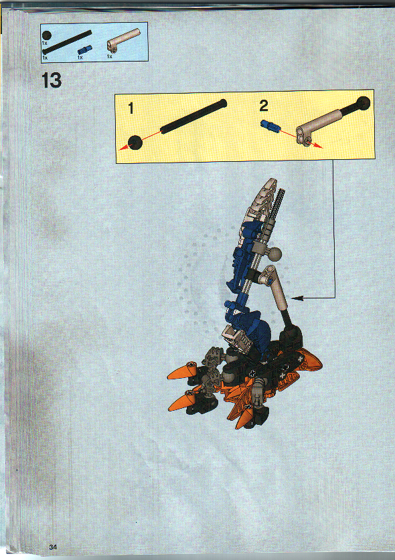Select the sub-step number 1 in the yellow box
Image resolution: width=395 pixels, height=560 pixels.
(132, 106)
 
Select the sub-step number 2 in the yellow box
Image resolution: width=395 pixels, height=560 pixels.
(263, 106)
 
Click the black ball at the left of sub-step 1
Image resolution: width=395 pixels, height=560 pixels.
(136, 142)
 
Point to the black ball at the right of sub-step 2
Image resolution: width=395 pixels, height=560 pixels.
(364, 104)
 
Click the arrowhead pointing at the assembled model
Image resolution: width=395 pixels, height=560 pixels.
(297, 296)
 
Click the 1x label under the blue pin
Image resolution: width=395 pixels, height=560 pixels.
(80, 58)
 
